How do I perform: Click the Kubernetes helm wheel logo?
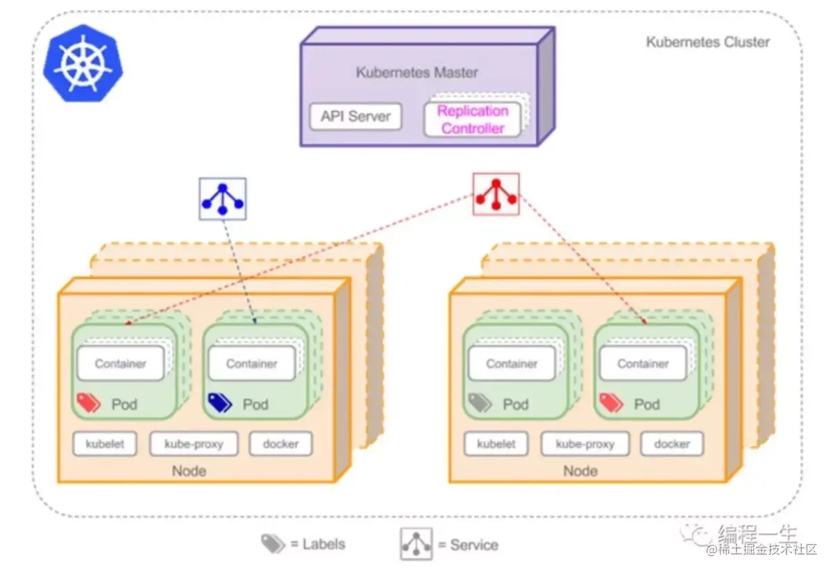83,63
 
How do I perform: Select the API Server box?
355,117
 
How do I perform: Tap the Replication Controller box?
472,120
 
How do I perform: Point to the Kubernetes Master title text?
416,72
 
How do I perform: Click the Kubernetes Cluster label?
707,42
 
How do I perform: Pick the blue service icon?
222,199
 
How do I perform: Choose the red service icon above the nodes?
496,194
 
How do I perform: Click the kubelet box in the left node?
105,444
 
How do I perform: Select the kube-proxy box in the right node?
584,444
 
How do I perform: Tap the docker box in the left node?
280,444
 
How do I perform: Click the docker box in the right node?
671,444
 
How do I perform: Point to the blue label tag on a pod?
220,403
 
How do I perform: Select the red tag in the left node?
89,403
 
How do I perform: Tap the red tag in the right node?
611,403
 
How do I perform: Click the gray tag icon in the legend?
273,544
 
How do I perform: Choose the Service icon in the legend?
416,544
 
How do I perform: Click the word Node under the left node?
189,471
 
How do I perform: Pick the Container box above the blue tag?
251,363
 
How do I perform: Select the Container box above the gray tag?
512,363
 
